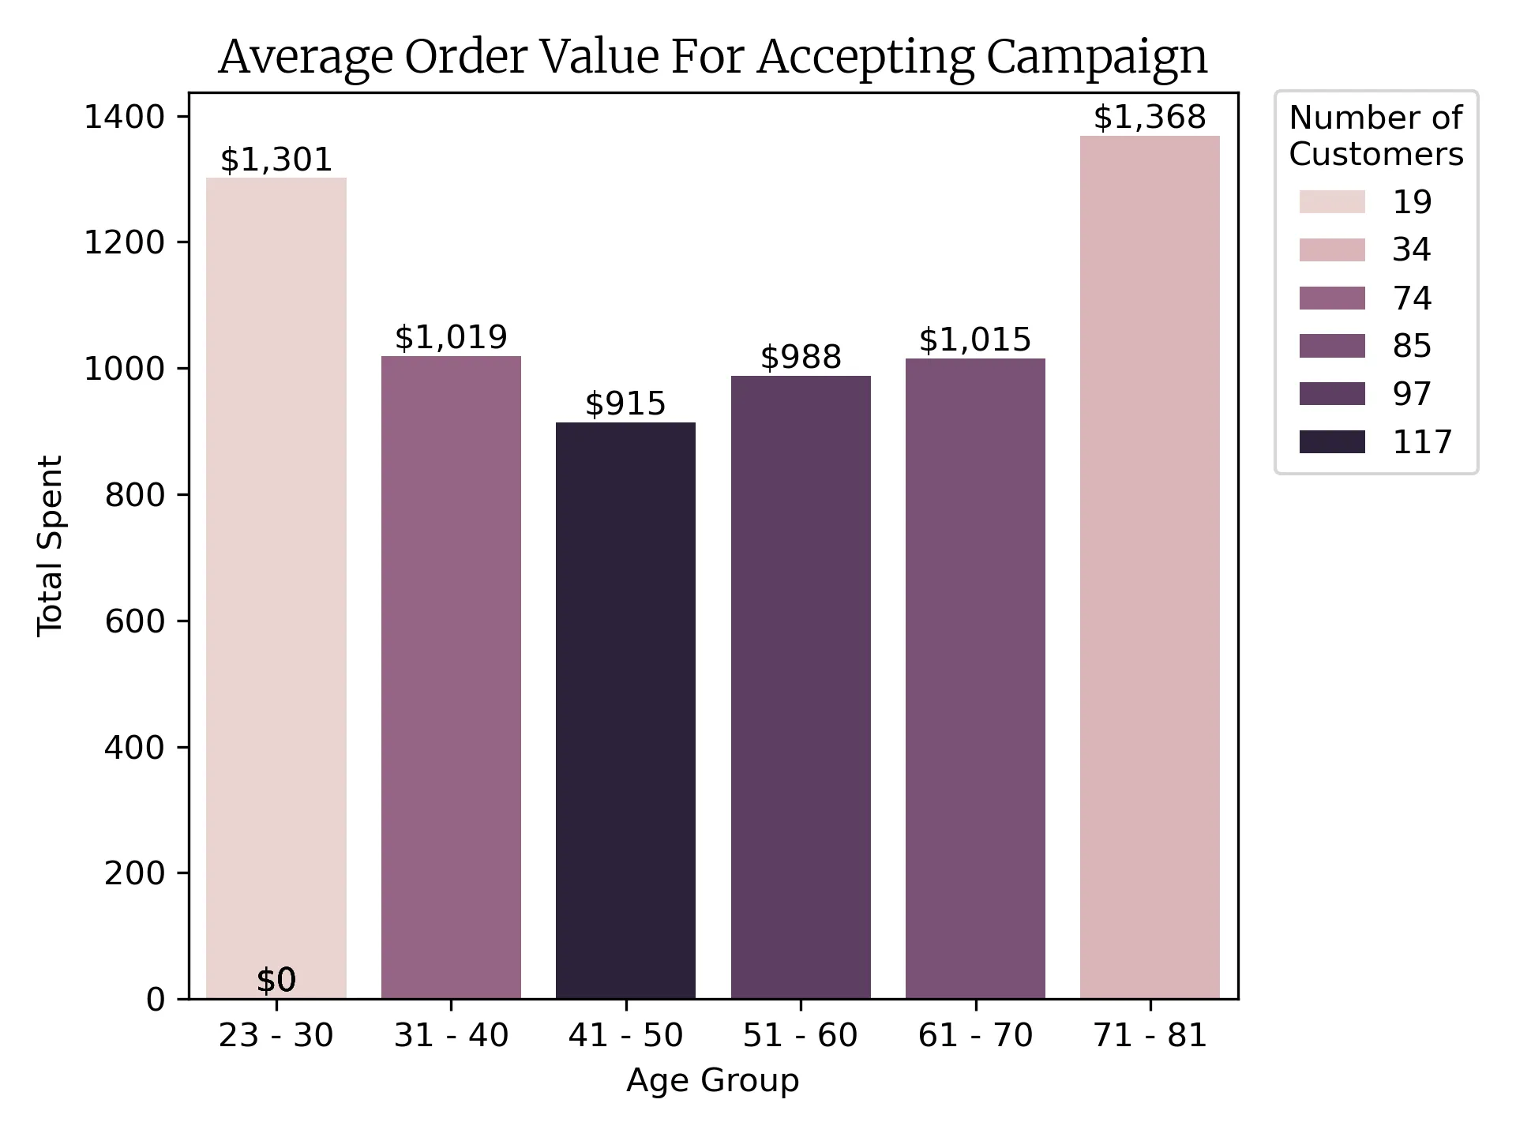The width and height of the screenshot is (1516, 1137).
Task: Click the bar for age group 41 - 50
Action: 625,711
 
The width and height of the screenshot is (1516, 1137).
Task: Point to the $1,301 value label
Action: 276,160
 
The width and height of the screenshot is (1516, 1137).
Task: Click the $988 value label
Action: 801,358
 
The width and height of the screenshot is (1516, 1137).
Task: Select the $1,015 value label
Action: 975,340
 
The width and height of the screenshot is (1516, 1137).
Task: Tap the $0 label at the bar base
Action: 276,980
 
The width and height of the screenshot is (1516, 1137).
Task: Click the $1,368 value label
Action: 1150,118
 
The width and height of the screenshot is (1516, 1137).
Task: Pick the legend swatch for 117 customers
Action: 1332,442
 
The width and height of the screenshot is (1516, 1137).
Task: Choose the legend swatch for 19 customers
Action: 1332,202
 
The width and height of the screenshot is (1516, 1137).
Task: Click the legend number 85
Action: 1412,346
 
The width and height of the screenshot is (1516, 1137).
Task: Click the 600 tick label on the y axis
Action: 134,621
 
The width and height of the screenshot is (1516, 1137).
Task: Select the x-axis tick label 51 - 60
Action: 801,1036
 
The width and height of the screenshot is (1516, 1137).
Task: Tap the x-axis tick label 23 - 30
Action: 276,1036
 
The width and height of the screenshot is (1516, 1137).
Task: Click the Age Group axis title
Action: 712,1080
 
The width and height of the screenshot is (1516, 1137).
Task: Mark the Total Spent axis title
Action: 51,545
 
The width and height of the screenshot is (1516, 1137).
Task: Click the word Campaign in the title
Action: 1097,58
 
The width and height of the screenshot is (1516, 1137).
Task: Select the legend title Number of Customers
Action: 1375,136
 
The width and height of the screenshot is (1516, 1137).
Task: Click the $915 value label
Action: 625,404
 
